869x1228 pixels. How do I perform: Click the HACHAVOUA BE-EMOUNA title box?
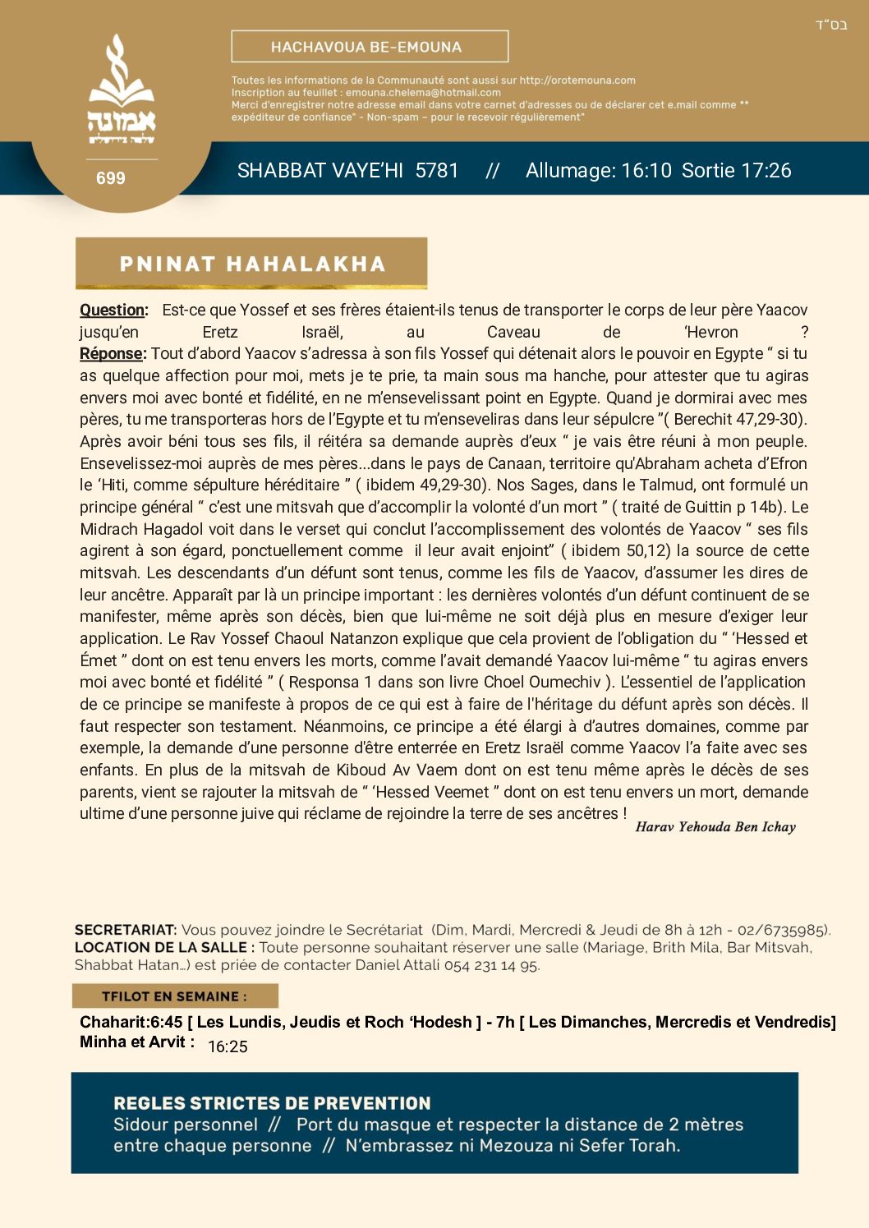coord(370,47)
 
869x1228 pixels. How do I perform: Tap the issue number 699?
coord(110,178)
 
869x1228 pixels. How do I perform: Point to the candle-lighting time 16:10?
coord(646,171)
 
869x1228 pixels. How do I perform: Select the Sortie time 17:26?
coord(766,171)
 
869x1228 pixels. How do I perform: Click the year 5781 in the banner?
coord(436,171)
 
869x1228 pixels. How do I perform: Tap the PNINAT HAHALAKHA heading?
coord(252,264)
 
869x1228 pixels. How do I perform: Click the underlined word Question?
coord(113,310)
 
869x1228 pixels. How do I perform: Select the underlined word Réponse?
coord(113,354)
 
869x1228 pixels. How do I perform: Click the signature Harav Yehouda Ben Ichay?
coord(715,827)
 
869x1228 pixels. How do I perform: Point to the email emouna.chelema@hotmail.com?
coord(423,93)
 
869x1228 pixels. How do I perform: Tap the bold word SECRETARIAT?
coord(125,930)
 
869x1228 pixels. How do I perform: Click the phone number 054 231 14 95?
coord(491,965)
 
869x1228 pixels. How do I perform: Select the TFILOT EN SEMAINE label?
coord(174,996)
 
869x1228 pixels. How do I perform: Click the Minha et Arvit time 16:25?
coord(228,1046)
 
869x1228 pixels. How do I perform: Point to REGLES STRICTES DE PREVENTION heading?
coord(272,1103)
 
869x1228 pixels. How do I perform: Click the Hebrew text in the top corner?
coord(831,25)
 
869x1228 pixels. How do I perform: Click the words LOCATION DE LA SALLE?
coord(160,947)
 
